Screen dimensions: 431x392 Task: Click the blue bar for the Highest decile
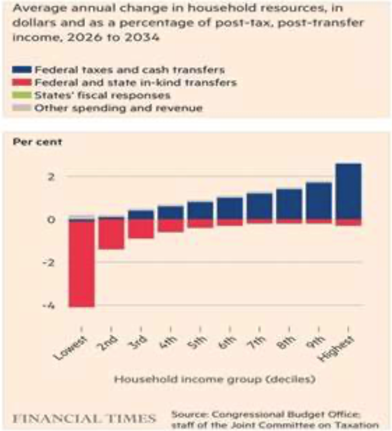click(348, 191)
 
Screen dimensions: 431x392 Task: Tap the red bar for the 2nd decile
click(111, 233)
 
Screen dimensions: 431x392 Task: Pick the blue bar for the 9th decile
click(318, 201)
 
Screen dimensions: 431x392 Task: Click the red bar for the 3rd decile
click(141, 228)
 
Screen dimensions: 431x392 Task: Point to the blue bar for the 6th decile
click(230, 208)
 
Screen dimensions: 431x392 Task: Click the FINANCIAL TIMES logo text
click(84, 418)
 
